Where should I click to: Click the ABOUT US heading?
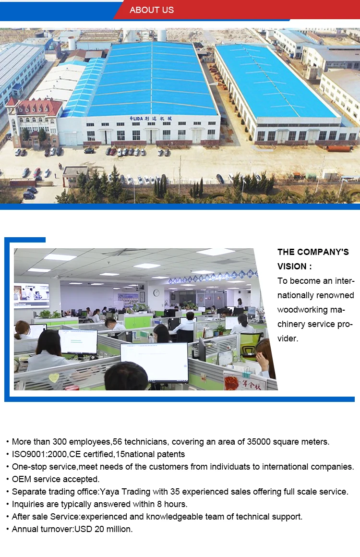(152, 10)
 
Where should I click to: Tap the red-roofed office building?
(34, 121)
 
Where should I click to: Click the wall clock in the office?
(156, 293)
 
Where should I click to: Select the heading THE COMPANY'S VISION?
(313, 259)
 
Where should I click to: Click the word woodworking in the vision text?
(302, 310)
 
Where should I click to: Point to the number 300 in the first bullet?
(60, 442)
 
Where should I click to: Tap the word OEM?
(22, 479)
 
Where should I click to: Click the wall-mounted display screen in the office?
(32, 295)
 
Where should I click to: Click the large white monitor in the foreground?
(155, 363)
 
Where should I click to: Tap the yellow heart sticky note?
(54, 377)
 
